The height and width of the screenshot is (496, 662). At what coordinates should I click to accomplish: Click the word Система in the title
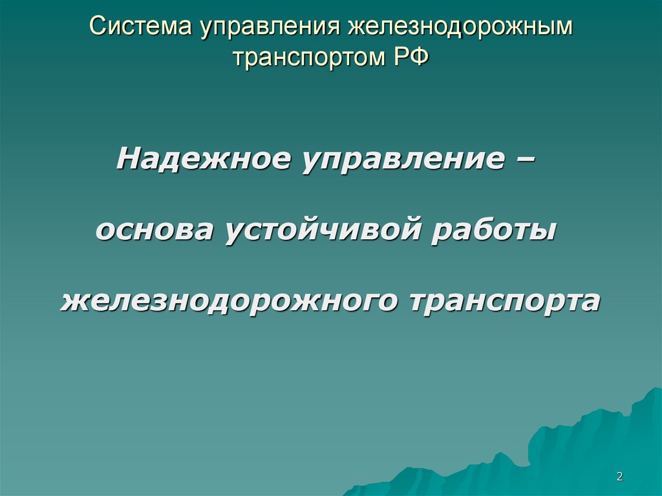[x=140, y=26]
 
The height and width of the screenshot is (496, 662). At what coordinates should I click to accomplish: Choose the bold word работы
[x=493, y=230]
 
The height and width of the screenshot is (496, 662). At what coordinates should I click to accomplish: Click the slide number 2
[x=620, y=477]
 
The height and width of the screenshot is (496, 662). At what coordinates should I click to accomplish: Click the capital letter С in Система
[x=98, y=27]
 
